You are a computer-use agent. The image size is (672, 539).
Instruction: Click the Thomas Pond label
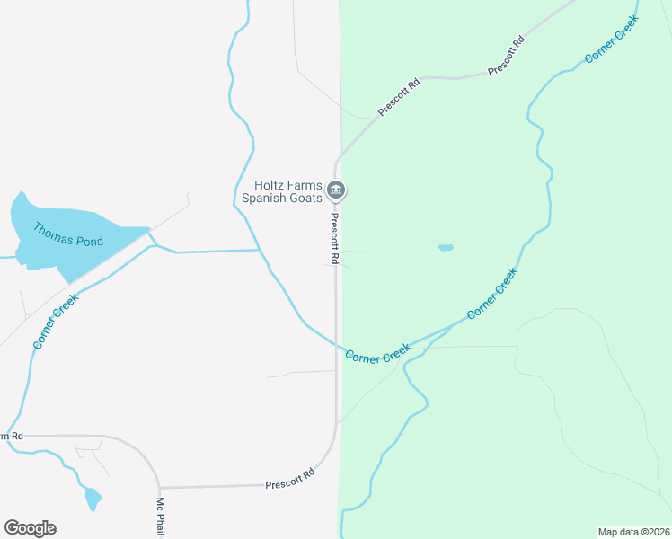(68, 234)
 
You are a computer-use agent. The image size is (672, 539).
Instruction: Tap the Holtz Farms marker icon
(337, 190)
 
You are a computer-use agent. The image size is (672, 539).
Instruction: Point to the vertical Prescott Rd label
(333, 238)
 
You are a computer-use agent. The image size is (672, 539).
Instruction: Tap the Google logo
(30, 527)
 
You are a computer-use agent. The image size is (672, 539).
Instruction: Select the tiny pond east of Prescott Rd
(446, 247)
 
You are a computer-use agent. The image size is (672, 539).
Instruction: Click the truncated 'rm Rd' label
(11, 436)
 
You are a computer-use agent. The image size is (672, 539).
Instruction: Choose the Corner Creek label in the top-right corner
(612, 40)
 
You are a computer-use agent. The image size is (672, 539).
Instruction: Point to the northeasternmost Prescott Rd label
(506, 56)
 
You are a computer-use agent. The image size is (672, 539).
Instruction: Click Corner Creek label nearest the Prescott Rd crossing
(378, 352)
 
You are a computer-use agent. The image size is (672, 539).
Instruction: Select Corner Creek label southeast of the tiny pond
(492, 294)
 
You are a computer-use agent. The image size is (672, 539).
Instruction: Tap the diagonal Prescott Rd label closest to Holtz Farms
(399, 97)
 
